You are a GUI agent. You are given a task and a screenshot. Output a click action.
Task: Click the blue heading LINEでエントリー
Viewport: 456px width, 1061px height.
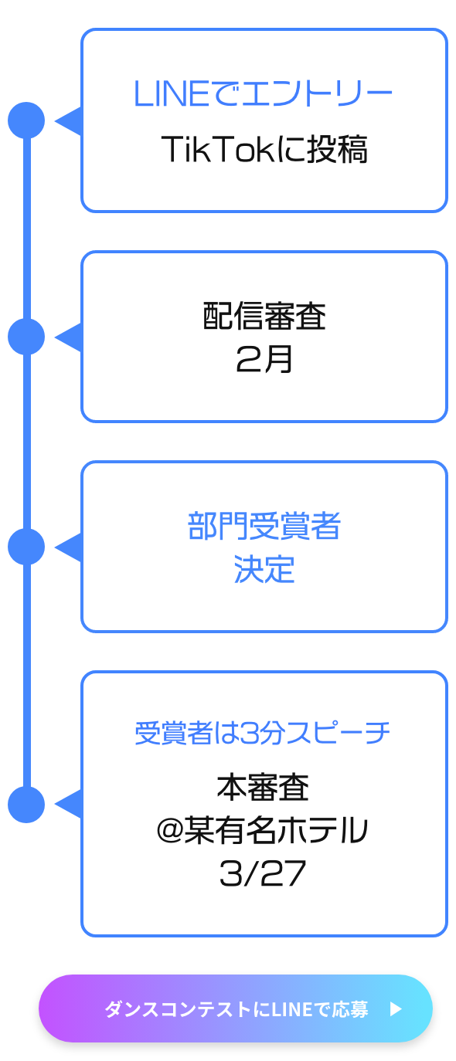click(x=263, y=93)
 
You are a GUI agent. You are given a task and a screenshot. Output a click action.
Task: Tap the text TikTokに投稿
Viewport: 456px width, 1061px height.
click(x=264, y=149)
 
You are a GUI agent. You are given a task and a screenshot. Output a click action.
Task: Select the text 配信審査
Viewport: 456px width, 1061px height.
click(x=264, y=316)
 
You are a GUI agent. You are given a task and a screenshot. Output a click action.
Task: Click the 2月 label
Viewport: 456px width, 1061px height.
click(x=264, y=358)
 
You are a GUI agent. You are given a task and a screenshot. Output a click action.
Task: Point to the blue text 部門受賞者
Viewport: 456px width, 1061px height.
click(x=264, y=526)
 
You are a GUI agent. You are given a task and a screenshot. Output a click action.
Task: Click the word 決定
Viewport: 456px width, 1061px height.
click(x=264, y=569)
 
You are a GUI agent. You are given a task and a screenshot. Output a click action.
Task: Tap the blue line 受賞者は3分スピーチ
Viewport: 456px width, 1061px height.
click(x=263, y=733)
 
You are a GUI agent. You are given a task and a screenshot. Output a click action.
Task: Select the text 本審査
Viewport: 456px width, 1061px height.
click(x=263, y=788)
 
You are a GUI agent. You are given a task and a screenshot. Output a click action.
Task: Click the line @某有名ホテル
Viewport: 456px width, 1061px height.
click(x=262, y=830)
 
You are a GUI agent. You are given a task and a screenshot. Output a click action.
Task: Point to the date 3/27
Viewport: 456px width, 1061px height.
click(x=262, y=873)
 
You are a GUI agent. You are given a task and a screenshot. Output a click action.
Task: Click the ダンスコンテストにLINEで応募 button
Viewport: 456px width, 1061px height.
click(x=236, y=1008)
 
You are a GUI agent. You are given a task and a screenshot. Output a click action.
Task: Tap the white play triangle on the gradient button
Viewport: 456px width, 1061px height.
click(x=396, y=1009)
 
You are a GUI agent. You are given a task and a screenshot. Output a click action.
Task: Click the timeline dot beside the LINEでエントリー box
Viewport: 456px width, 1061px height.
click(x=26, y=120)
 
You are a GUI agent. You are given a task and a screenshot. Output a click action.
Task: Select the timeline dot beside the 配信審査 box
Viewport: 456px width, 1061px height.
click(x=26, y=337)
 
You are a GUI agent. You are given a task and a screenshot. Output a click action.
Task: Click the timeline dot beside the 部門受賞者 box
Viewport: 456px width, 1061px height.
click(x=26, y=547)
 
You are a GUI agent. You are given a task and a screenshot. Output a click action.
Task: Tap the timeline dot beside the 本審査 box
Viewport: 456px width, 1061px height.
click(x=26, y=805)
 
